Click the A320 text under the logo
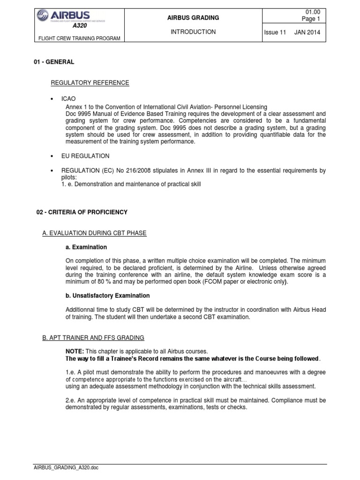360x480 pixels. click(x=73, y=27)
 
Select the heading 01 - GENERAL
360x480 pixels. click(x=55, y=62)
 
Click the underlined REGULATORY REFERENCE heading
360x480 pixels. click(x=90, y=83)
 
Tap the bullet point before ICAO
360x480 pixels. click(x=52, y=100)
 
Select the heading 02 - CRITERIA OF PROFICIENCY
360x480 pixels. click(x=82, y=212)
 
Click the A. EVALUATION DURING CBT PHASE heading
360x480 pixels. click(x=94, y=233)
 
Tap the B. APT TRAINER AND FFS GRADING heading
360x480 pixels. click(x=93, y=337)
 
